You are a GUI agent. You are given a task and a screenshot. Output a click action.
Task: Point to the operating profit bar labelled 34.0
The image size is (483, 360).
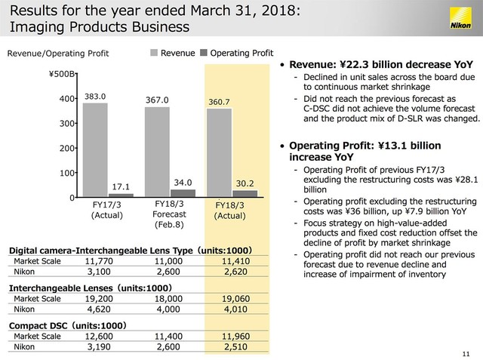tap(183, 193)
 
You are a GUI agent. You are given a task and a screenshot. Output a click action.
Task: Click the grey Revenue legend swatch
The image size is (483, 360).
tap(154, 53)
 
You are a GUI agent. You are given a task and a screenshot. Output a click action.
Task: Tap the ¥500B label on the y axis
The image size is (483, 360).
tap(62, 74)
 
